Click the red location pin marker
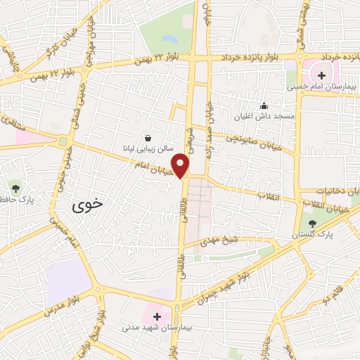(183, 165)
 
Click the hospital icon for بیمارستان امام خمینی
(321, 75)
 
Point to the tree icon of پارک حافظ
(15, 188)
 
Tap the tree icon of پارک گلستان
(312, 221)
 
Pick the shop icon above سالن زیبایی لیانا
(148, 138)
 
